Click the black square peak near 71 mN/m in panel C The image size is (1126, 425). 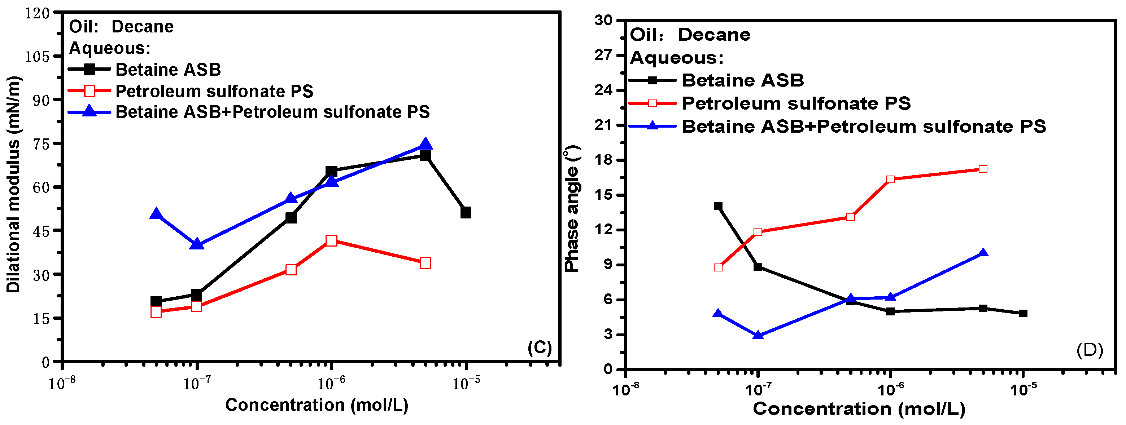(425, 156)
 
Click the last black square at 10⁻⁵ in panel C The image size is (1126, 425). (466, 213)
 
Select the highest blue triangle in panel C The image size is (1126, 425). (425, 145)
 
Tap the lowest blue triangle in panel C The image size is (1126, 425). (197, 244)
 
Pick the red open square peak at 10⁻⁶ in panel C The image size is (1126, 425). (331, 241)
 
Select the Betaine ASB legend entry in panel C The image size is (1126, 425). (168, 70)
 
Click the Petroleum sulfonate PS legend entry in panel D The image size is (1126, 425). (795, 103)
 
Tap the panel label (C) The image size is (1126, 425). (540, 348)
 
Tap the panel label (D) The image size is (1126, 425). (1090, 350)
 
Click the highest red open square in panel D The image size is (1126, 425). (983, 169)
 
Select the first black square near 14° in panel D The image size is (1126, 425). (718, 206)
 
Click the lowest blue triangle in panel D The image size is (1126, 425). (758, 336)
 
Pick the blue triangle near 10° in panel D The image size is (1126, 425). (983, 253)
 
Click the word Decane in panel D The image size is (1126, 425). (714, 35)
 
